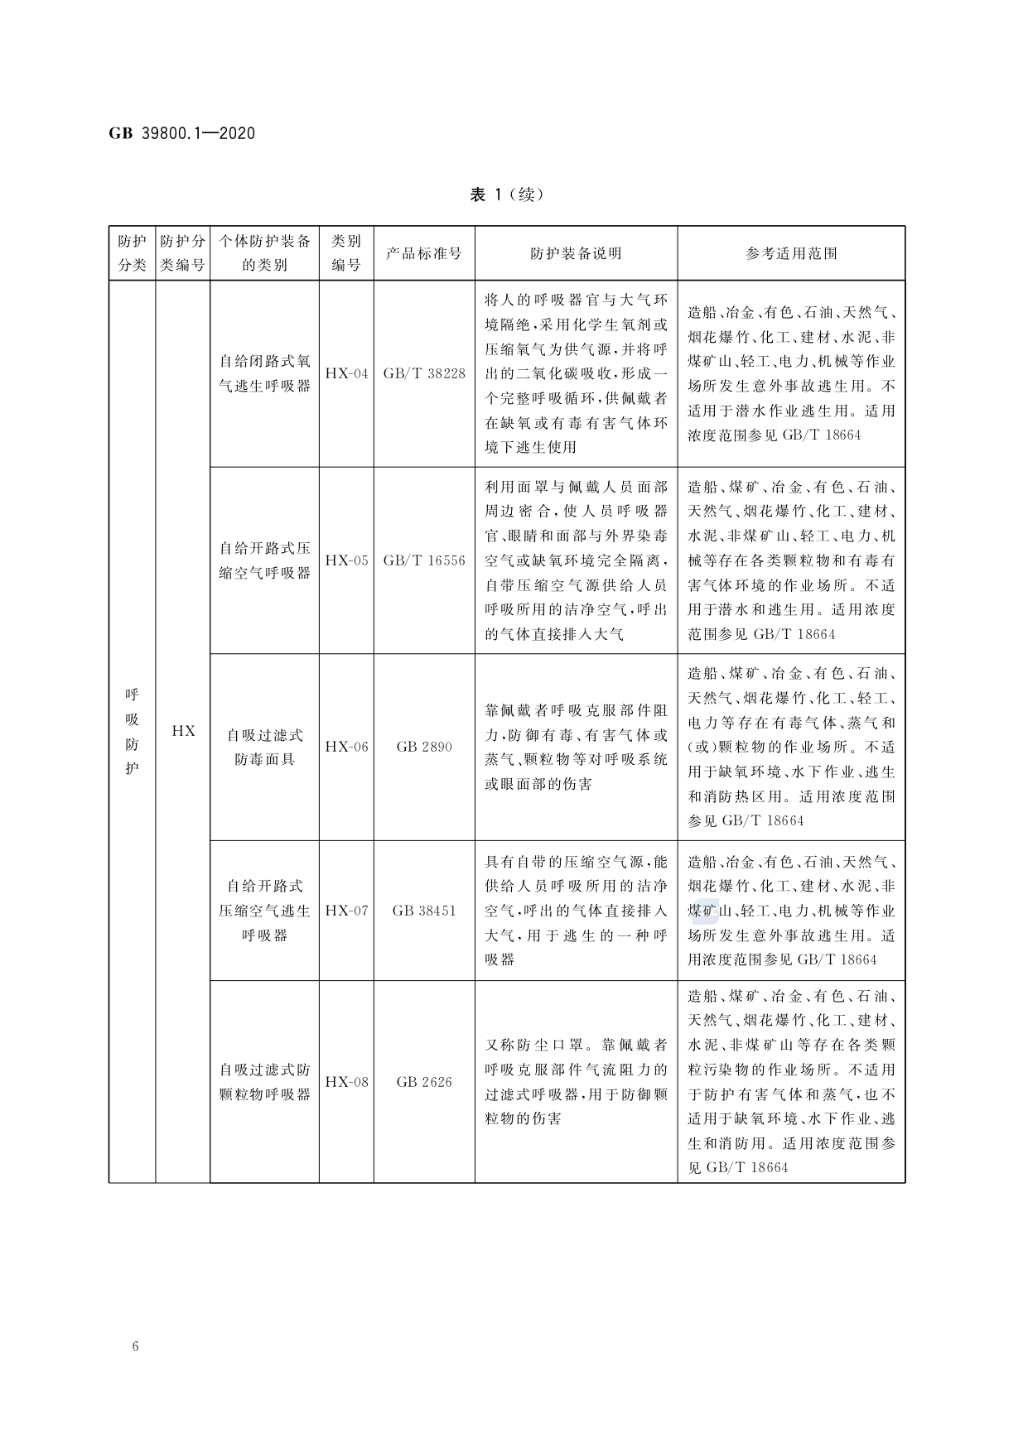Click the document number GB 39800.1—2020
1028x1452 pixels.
coord(181,133)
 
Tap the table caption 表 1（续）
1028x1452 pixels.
coord(506,195)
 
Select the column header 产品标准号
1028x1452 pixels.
coord(424,253)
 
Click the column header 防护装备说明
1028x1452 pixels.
coord(576,253)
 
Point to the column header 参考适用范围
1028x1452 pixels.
coord(791,253)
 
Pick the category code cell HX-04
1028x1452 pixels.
coord(346,373)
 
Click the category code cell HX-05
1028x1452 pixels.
coord(346,560)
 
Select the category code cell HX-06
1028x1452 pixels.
coord(346,747)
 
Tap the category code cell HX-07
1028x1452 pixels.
coord(346,911)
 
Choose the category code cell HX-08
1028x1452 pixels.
coord(346,1082)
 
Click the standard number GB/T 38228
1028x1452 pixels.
coord(424,373)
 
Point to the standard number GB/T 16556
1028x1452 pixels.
coord(424,560)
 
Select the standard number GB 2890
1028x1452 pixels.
coord(424,747)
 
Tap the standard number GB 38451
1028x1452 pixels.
coord(424,911)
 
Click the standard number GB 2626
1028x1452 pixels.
coord(424,1082)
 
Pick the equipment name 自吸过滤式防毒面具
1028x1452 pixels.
coord(264,747)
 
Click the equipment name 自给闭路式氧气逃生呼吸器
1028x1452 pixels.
coord(264,373)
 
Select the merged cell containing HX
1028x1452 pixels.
coord(183,731)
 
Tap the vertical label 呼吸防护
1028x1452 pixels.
coord(133,731)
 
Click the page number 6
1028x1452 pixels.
coord(136,1346)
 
